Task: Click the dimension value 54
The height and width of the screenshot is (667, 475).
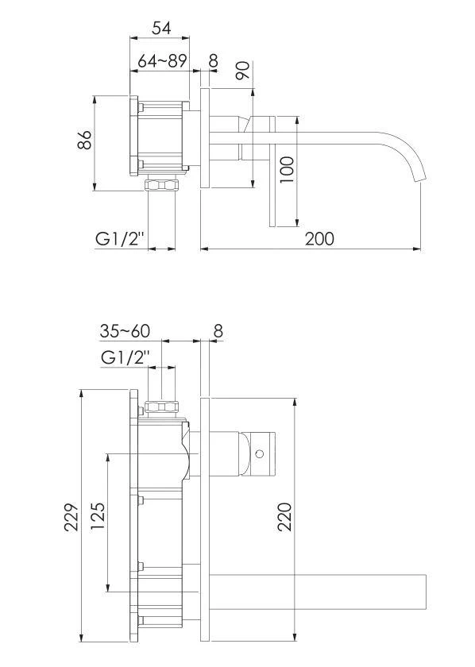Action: tap(161, 28)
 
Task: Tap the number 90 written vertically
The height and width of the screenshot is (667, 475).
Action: tap(243, 70)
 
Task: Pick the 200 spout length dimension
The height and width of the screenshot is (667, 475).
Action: tap(318, 238)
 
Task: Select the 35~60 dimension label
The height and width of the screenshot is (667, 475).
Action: tap(125, 330)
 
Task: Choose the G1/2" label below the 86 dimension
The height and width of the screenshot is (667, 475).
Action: tap(118, 239)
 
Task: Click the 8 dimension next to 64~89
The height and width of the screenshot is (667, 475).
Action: tap(212, 60)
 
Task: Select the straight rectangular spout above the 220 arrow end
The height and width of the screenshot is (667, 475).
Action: tap(318, 588)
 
